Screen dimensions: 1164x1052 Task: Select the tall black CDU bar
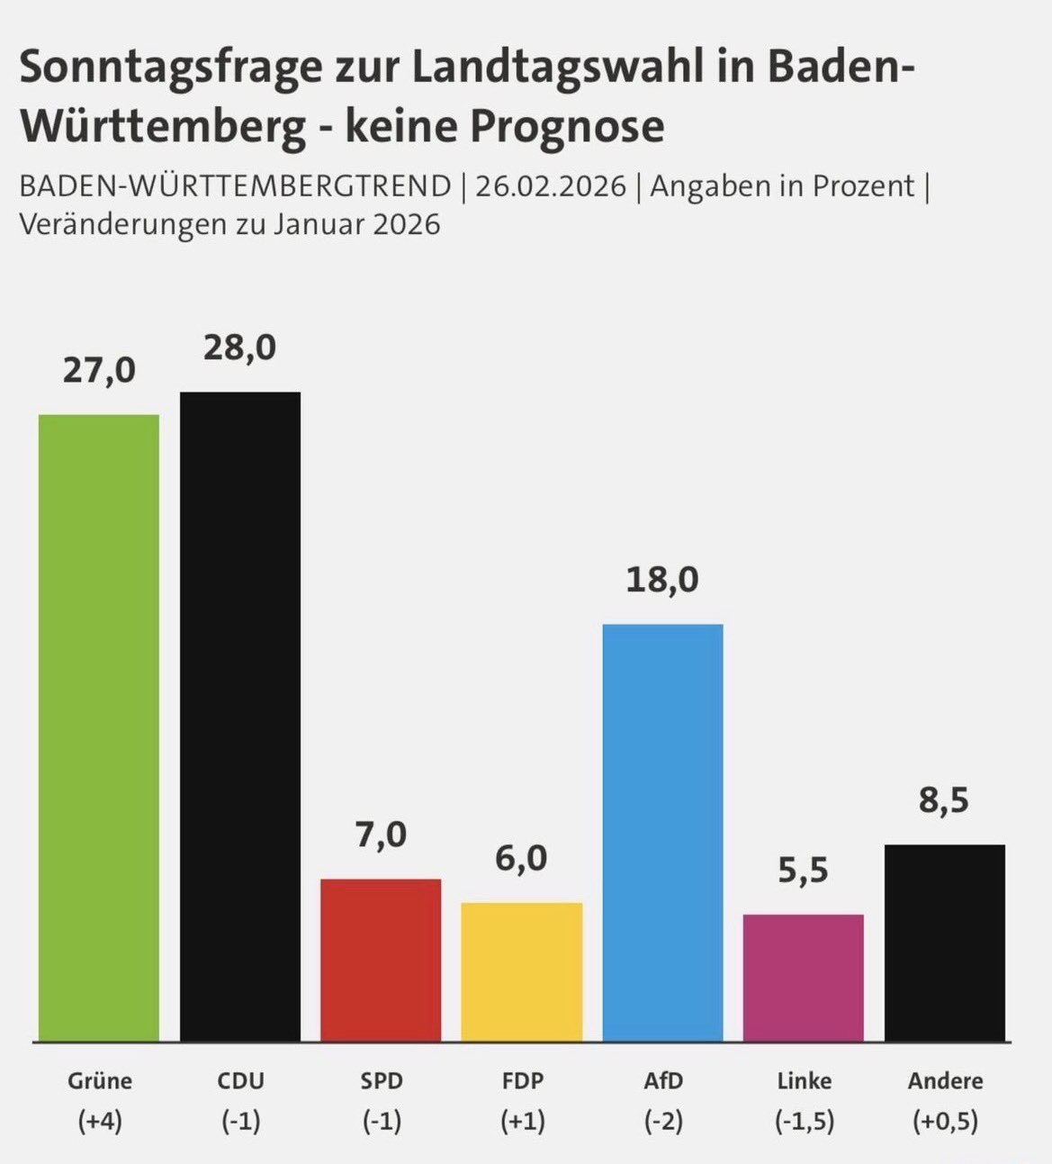click(240, 717)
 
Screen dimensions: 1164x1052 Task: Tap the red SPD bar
click(381, 960)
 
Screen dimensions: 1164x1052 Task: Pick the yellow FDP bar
click(522, 971)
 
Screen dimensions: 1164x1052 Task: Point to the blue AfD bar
click(662, 833)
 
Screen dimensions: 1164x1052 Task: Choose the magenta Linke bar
click(804, 978)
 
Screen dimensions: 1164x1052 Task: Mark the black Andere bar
click(945, 943)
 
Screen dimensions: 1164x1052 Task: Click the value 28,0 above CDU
click(239, 347)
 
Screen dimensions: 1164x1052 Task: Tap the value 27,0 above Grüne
click(99, 370)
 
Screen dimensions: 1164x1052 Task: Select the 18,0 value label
click(662, 580)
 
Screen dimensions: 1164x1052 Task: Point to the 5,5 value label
click(803, 871)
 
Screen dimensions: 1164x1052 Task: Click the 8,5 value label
click(944, 800)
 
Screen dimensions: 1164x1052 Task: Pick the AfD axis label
click(663, 1080)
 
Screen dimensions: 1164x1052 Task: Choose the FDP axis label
click(522, 1080)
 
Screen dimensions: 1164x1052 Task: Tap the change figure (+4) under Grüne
click(100, 1122)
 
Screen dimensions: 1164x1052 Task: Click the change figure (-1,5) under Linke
click(804, 1122)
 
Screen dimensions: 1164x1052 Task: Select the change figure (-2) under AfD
click(663, 1122)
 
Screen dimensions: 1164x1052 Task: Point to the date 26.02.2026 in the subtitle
click(551, 186)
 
